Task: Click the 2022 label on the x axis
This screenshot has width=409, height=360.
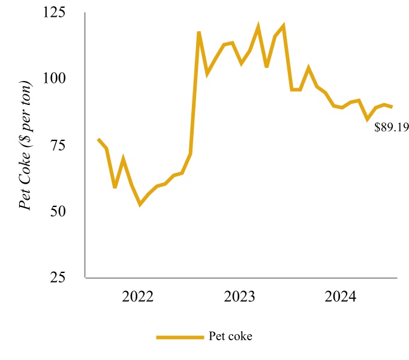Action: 138,296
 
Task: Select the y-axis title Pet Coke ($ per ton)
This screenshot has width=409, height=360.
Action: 26,144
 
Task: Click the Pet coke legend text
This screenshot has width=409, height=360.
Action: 231,336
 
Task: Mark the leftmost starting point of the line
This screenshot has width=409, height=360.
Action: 98,139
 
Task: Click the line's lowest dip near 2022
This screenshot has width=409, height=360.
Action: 140,205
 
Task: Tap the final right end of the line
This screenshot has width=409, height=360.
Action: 392,107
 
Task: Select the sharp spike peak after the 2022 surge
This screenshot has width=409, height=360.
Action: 199,32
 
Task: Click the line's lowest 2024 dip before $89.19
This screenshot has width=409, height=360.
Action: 368,119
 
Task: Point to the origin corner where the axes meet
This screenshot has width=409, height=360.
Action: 86,278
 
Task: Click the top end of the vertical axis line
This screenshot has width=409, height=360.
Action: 86,13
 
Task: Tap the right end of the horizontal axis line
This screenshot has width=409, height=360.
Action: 398,278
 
